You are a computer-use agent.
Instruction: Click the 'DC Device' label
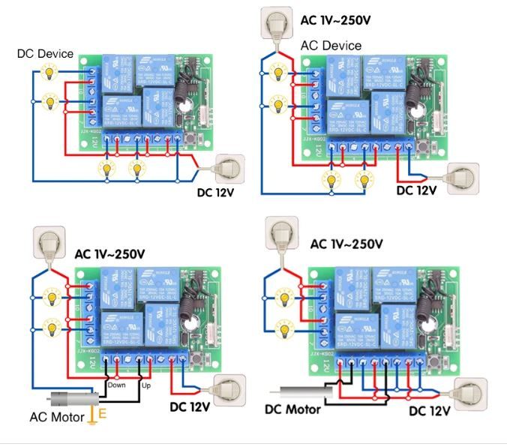point(46,53)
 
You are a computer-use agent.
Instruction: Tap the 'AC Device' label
point(331,45)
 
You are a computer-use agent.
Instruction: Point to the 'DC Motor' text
point(292,409)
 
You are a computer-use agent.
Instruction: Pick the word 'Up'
point(146,385)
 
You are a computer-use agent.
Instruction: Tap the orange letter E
point(103,412)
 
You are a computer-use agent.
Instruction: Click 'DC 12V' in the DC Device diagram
point(207,192)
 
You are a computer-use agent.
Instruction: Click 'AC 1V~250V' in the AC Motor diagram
point(109,253)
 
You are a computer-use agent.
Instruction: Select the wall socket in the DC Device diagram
point(229,169)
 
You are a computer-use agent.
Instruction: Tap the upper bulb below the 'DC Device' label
point(49,73)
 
